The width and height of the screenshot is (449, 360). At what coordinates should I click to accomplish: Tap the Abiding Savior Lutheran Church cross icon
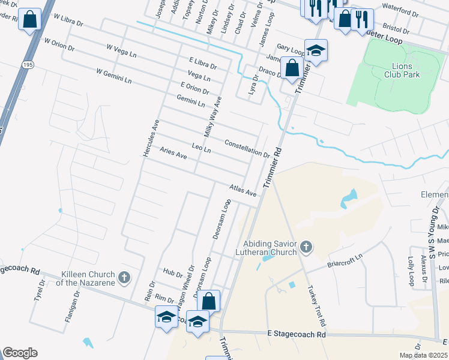306,247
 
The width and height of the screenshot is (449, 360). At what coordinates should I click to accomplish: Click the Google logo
20,353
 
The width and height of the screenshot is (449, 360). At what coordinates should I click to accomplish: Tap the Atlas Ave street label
243,190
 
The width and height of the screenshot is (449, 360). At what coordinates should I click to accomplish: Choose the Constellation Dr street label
247,149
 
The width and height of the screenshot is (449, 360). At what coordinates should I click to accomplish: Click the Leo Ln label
201,147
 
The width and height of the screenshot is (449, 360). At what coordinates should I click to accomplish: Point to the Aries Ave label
173,154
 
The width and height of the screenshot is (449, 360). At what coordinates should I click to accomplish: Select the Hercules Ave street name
150,139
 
